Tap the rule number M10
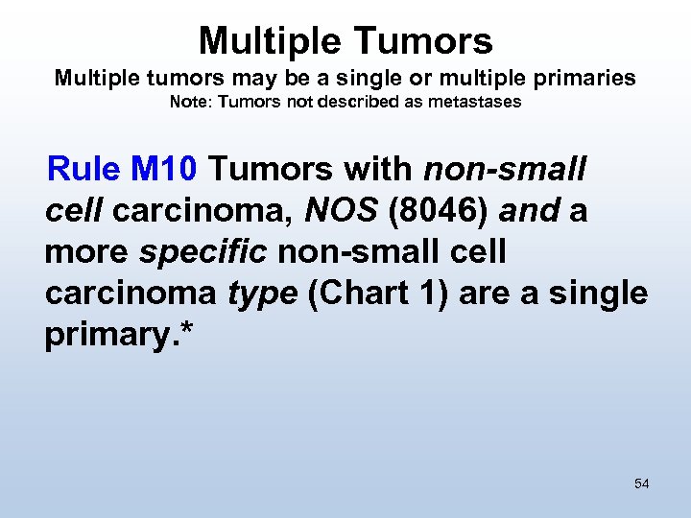(x=164, y=170)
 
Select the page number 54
(x=641, y=483)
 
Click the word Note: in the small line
(x=191, y=102)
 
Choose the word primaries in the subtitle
(x=588, y=78)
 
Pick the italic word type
(x=262, y=294)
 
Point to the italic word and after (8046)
(x=529, y=211)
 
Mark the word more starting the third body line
(x=87, y=252)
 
